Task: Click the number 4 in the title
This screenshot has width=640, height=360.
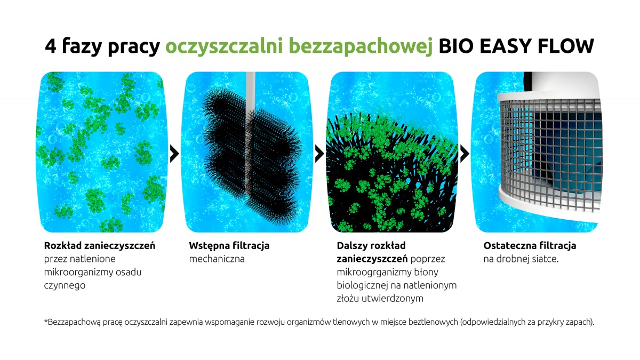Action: coord(51,46)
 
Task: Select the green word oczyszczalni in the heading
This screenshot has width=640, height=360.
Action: coord(224,46)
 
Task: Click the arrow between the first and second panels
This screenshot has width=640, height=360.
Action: coord(174,154)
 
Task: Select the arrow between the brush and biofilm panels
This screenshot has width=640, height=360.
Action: coord(319,154)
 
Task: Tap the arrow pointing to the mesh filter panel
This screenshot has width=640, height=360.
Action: coord(465,154)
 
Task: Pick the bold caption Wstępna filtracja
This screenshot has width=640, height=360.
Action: coord(229,246)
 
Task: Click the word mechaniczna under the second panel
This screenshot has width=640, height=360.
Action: coord(217,259)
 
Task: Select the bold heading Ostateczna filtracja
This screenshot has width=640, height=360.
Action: coord(530,246)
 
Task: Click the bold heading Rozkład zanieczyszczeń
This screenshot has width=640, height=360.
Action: coord(100,246)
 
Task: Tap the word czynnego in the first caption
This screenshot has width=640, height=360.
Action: coord(65,285)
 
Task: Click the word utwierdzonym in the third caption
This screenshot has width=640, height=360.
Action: coord(387,299)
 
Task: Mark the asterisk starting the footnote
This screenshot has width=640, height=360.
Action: coord(46,321)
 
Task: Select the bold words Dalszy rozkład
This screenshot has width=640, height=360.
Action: coord(371,246)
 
